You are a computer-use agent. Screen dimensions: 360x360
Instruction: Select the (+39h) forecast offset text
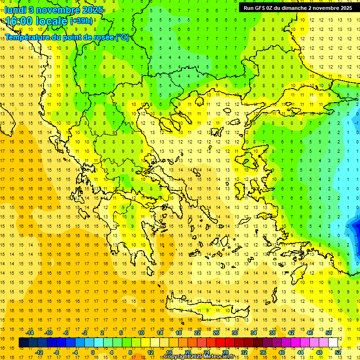pyautogui.click(x=81, y=21)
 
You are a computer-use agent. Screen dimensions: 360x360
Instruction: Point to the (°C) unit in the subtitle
pyautogui.click(x=122, y=37)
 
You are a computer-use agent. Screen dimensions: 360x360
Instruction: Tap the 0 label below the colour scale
pyautogui.click(x=92, y=352)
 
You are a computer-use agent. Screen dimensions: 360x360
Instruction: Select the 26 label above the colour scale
pyautogui.click(x=216, y=333)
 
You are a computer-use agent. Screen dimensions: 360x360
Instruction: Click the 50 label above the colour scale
pyautogui.click(x=329, y=333)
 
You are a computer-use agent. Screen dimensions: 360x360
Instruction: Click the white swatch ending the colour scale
pyautogui.click(x=333, y=343)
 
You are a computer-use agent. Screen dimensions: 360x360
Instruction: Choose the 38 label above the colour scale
pyautogui.click(x=272, y=333)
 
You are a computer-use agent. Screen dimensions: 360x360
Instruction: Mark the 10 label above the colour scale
pyautogui.click(x=141, y=333)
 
